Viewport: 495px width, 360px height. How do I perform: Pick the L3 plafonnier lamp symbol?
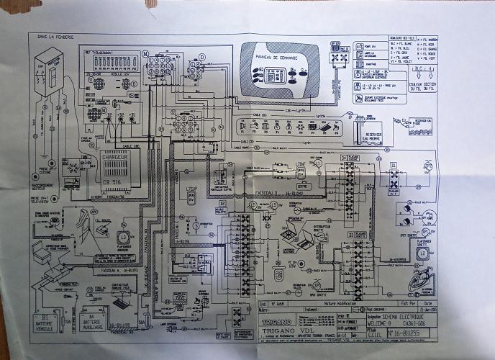(124, 236)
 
